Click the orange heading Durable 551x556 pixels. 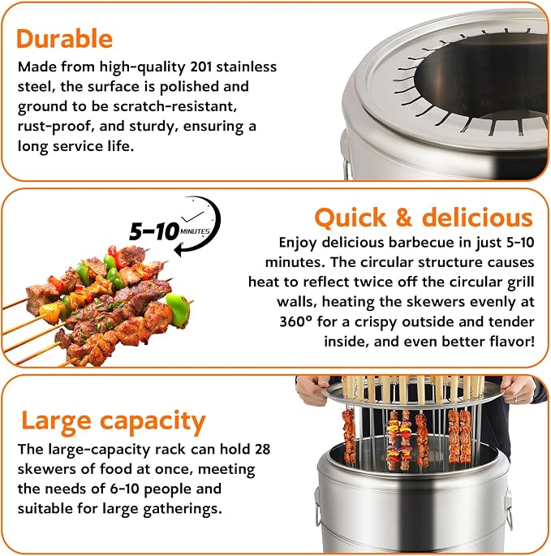(64, 38)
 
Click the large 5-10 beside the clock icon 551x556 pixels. (154, 231)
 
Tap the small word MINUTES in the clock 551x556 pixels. (195, 231)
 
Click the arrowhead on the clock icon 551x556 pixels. (179, 250)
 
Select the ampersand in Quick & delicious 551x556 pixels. (403, 217)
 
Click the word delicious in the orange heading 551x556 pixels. (477, 217)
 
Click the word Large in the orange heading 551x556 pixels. (56, 421)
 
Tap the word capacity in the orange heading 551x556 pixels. (153, 423)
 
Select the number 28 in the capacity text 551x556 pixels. (262, 449)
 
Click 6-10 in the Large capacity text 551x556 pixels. (125, 489)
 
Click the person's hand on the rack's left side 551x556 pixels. (312, 390)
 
